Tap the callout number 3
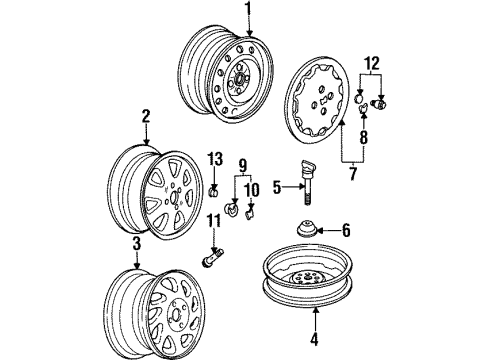coord(138,244)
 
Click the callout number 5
coord(276,185)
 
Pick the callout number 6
coord(345,230)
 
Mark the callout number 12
coord(371,66)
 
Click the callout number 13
coord(213,160)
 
